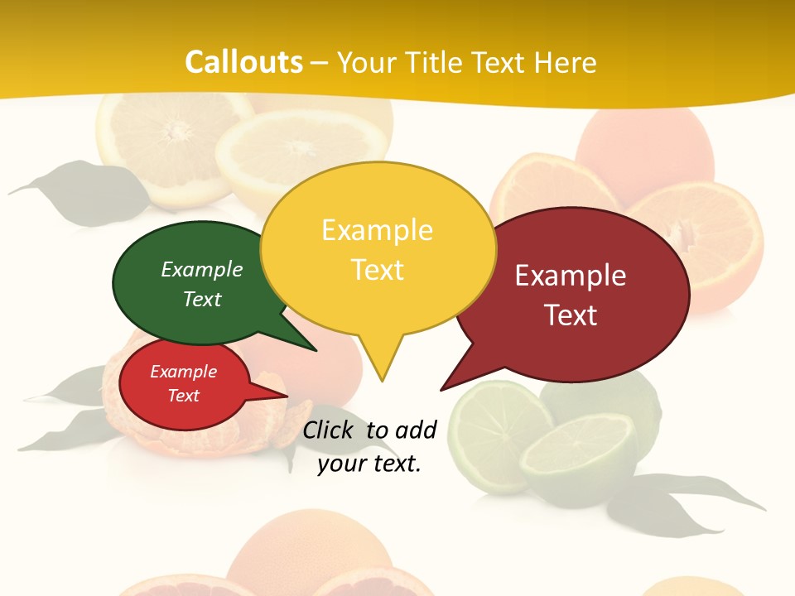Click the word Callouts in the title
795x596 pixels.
243,62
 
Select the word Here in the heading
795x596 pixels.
566,62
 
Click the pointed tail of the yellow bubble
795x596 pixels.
381,364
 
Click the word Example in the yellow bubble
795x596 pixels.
377,230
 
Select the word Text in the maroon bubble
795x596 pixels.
571,315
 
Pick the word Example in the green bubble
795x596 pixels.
202,270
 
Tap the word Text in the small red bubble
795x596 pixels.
184,396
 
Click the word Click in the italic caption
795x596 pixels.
329,430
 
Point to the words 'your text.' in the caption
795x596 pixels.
369,464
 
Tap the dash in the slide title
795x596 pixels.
320,63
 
